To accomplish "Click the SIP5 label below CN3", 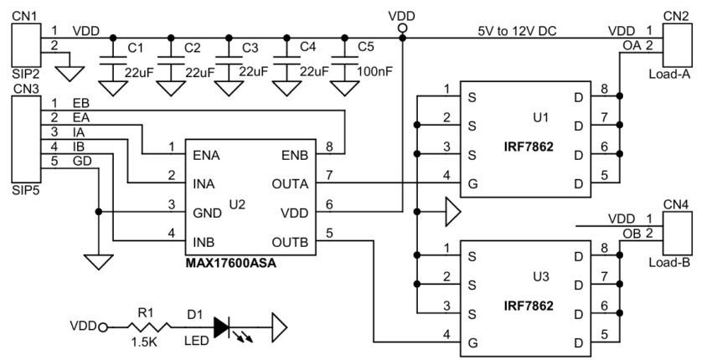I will click(x=25, y=189).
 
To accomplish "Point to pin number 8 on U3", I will click(x=603, y=247).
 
